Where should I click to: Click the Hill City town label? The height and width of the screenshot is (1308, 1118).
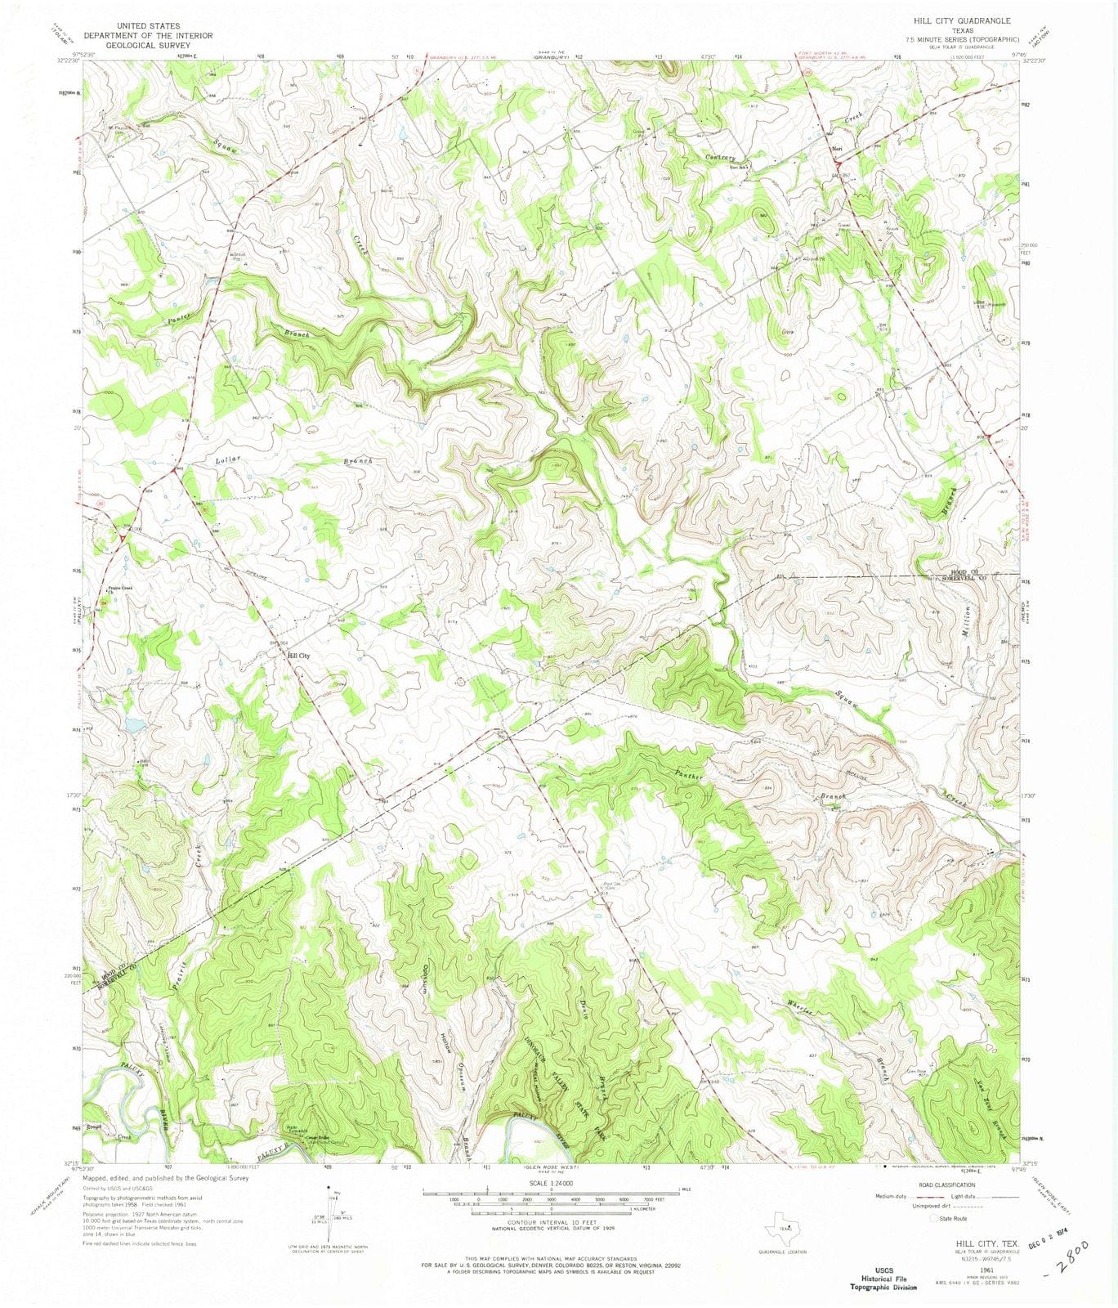coord(297,656)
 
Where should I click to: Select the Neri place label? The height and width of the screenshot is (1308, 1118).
coord(836,148)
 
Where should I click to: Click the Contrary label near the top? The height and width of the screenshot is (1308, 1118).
coord(721,158)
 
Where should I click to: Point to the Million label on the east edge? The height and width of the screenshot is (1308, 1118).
coord(967,622)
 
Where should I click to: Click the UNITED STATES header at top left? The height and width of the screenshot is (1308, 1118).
coord(147,26)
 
